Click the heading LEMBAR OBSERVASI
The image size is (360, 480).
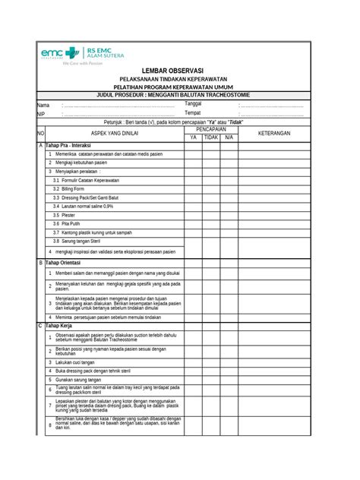coord(180,70)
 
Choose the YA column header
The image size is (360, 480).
coord(193,137)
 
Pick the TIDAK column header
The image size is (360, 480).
coord(210,137)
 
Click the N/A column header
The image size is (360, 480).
coord(229,137)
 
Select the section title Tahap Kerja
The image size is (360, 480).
coord(62,326)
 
